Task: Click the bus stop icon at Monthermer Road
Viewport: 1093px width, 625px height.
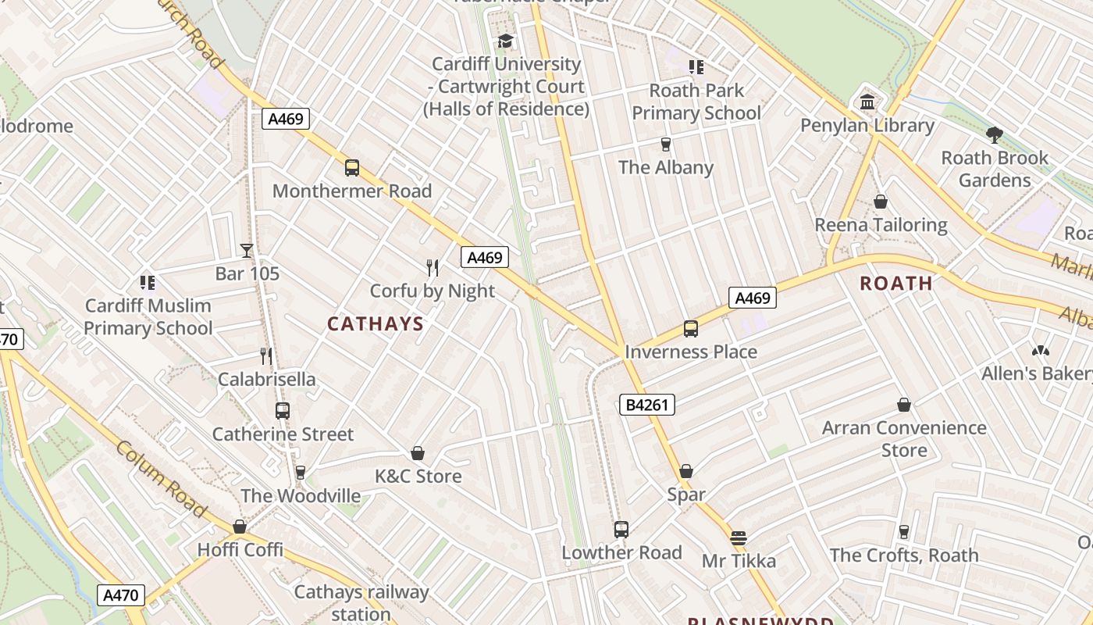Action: point(352,168)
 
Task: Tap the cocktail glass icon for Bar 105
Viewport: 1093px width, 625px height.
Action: point(247,251)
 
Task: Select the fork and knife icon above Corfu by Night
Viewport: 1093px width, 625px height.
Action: point(433,268)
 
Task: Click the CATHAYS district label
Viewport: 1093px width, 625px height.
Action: point(376,323)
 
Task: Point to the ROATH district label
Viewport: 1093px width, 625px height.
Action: point(896,283)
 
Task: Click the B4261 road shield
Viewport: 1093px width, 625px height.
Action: point(647,405)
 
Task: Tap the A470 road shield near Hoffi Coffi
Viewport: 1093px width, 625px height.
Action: point(122,595)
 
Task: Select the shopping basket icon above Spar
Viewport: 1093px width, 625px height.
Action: point(686,471)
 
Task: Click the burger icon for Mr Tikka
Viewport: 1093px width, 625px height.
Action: point(739,538)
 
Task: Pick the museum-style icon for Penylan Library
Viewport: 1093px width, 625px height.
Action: point(867,102)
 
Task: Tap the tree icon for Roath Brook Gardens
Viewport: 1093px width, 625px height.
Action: point(994,135)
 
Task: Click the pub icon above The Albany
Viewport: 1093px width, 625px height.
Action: point(665,145)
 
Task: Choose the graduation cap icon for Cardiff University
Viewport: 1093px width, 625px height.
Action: point(506,41)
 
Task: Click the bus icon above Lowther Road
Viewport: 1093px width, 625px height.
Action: point(621,530)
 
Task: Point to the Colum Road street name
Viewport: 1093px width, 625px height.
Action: point(162,479)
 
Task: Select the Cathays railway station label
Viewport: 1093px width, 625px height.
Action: point(361,602)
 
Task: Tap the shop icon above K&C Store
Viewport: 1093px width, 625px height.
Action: point(418,453)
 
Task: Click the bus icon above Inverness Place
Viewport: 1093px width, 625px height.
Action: point(691,329)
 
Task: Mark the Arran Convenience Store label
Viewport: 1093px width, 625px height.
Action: point(904,438)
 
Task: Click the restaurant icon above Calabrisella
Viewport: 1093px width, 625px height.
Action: point(266,356)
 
